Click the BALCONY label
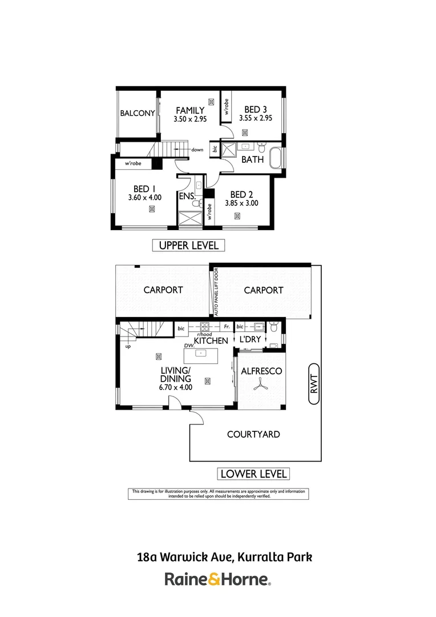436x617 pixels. [x=137, y=113]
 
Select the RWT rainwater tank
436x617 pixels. [x=314, y=384]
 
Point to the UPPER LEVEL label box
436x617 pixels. [x=189, y=246]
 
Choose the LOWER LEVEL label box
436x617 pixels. [x=253, y=474]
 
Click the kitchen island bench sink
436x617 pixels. [x=200, y=354]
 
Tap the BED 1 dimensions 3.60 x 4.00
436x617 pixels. [x=145, y=198]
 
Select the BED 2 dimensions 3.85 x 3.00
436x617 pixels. [x=241, y=203]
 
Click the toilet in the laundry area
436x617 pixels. [x=273, y=326]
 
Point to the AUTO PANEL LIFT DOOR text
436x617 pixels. [x=216, y=292]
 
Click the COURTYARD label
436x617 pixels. [x=253, y=434]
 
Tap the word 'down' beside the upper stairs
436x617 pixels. [x=197, y=150]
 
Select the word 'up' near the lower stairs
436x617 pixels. [x=128, y=347]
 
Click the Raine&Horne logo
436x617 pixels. [x=218, y=580]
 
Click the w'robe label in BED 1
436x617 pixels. [x=133, y=163]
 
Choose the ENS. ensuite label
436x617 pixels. [x=187, y=196]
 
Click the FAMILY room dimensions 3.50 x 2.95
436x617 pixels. [x=190, y=119]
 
